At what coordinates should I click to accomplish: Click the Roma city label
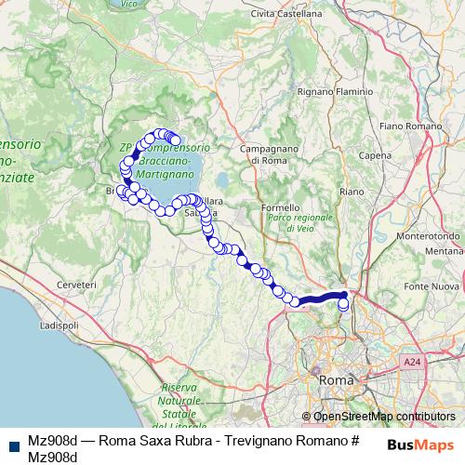(332, 381)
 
